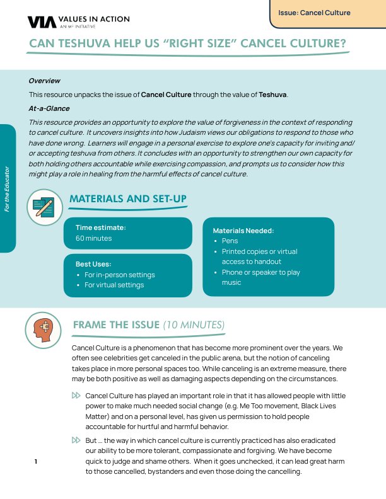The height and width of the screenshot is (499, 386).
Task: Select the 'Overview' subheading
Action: pyautogui.click(x=44, y=81)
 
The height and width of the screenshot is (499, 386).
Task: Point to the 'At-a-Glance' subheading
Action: pyautogui.click(x=49, y=108)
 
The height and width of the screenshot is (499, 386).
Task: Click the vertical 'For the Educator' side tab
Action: pyautogui.click(x=7, y=188)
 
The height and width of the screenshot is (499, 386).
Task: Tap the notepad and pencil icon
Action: pyautogui.click(x=44, y=205)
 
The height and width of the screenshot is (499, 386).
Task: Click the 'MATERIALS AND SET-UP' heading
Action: pyautogui.click(x=128, y=199)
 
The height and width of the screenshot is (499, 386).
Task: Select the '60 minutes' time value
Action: pyautogui.click(x=93, y=238)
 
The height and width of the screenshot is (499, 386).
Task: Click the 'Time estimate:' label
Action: pyautogui.click(x=101, y=227)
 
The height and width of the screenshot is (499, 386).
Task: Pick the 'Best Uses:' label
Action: pyautogui.click(x=93, y=264)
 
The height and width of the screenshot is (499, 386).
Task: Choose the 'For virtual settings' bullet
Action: pyautogui.click(x=114, y=285)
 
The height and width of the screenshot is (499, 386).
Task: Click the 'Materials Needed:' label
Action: pyautogui.click(x=243, y=231)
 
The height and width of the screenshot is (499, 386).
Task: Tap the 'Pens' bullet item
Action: pyautogui.click(x=230, y=241)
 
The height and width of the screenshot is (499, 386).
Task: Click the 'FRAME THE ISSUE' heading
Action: pyautogui.click(x=116, y=325)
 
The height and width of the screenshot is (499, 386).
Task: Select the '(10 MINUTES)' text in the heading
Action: pyautogui.click(x=194, y=325)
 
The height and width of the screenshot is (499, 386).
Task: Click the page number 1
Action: pyautogui.click(x=36, y=462)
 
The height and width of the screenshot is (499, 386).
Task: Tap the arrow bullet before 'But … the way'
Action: pyautogui.click(x=76, y=440)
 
